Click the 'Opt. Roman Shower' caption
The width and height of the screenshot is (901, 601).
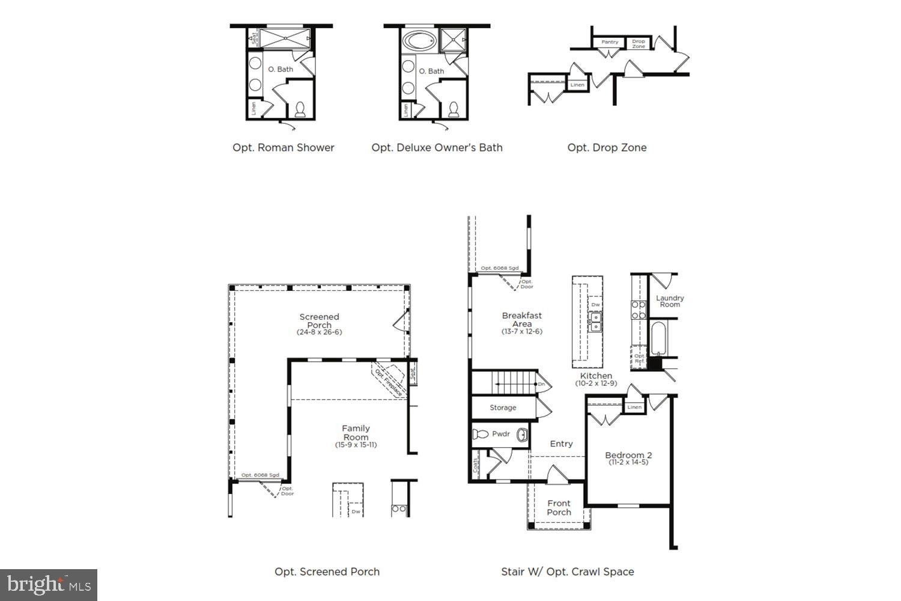(283, 147)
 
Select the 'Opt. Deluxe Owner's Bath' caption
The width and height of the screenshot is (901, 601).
(437, 147)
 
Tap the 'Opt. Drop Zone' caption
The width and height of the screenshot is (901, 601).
(607, 147)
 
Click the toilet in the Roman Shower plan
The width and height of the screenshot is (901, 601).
(300, 109)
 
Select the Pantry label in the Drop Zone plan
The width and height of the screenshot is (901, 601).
(610, 42)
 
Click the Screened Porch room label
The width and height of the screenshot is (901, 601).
(319, 321)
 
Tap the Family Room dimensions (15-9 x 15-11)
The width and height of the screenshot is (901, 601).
(356, 445)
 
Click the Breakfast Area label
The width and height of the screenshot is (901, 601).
(521, 319)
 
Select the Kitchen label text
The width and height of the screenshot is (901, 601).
(596, 376)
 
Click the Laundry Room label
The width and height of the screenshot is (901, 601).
(669, 301)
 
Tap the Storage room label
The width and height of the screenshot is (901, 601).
(503, 407)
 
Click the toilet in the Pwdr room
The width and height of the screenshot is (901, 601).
(481, 434)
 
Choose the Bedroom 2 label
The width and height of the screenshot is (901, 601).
(628, 456)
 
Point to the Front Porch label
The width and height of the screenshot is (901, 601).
(559, 508)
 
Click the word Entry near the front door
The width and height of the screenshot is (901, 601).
(561, 444)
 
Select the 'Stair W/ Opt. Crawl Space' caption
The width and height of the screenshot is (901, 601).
(567, 572)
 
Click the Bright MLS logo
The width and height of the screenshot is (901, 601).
(49, 584)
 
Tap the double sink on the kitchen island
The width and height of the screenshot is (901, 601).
(595, 323)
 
